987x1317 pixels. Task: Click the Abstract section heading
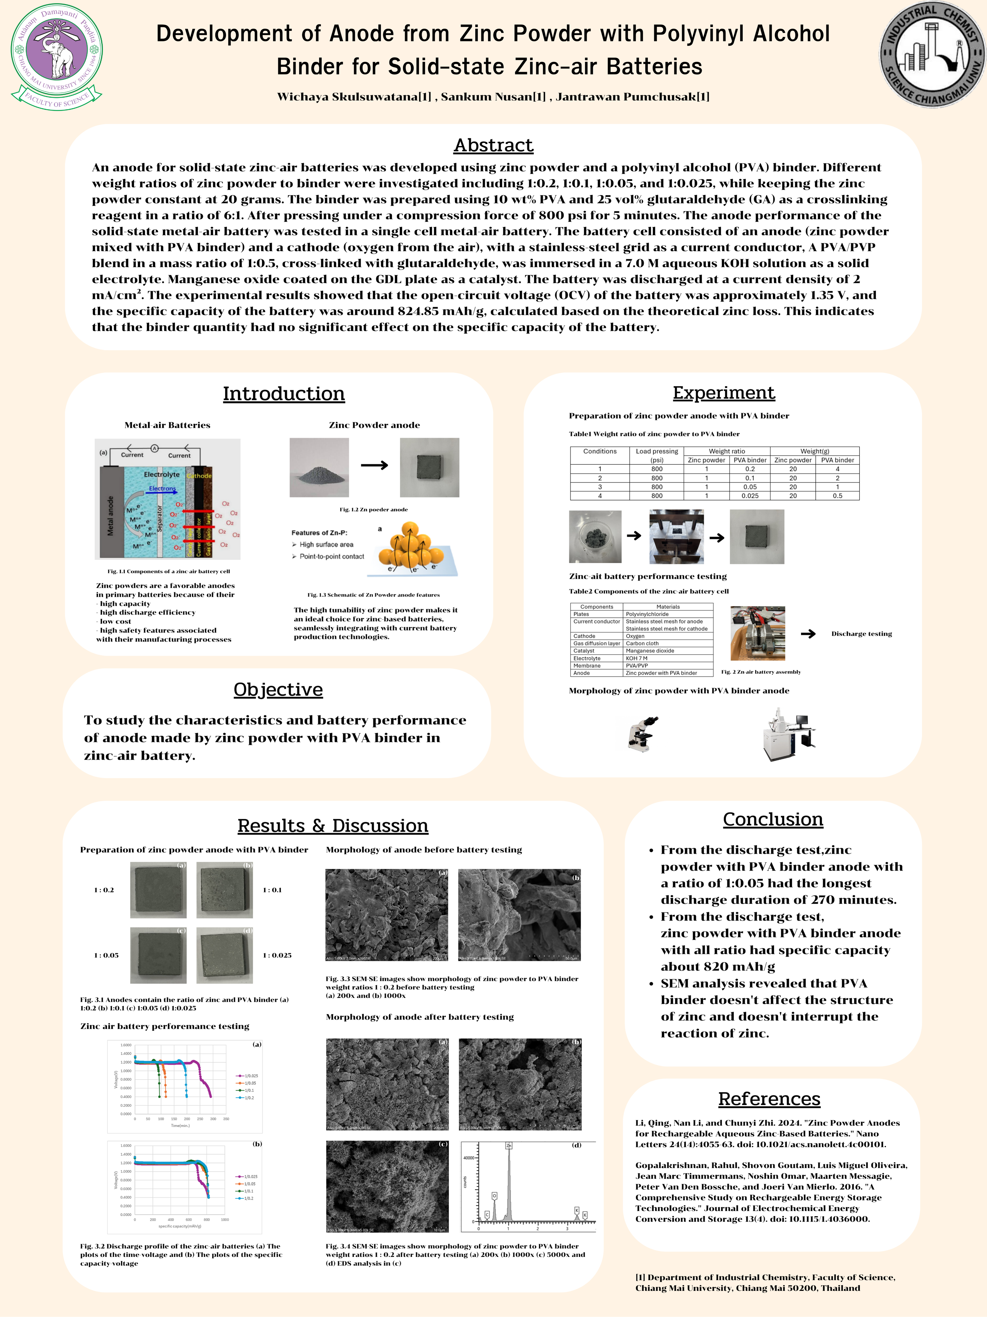493,145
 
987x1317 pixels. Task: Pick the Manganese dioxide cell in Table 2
650,651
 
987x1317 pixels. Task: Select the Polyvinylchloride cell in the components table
647,614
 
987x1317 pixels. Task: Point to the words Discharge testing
861,634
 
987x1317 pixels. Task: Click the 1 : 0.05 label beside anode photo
106,956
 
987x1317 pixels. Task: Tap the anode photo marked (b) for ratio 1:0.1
224,890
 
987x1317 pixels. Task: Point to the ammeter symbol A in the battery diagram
154,448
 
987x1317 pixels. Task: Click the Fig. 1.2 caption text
373,510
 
